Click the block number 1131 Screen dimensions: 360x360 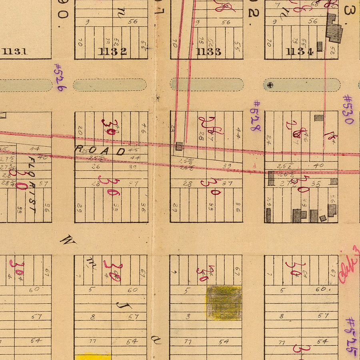pos(15,51)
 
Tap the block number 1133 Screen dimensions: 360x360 pos(209,52)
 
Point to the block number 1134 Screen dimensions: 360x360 pos(300,52)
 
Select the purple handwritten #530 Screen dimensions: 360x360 pos(348,109)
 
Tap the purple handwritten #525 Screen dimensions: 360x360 pos(350,336)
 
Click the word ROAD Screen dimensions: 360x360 pos(100,151)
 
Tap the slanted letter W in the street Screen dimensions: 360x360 pos(68,240)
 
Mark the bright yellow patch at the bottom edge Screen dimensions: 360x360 pos(93,356)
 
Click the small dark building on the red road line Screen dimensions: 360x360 pos(179,146)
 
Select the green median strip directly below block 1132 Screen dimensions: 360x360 pos(110,85)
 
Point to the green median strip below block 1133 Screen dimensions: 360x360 pos(207,84)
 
